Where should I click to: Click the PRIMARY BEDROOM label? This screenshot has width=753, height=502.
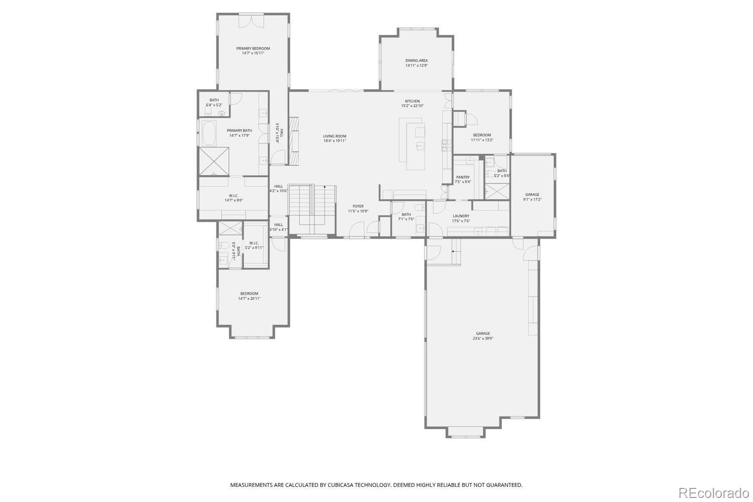253,49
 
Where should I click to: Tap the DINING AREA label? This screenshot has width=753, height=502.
416,61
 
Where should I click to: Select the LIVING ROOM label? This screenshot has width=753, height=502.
334,137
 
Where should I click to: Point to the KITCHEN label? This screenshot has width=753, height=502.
412,101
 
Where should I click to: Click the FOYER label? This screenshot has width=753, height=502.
358,206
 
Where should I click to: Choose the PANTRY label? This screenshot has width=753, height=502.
463,177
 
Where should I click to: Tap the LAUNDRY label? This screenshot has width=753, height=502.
460,216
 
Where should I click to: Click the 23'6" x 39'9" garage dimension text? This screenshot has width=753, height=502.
482,338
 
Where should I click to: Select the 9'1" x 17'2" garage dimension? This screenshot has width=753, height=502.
532,199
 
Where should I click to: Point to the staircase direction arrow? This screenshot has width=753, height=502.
325,187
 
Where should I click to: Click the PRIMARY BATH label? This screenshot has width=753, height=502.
239,131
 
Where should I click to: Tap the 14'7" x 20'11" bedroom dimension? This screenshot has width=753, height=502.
249,299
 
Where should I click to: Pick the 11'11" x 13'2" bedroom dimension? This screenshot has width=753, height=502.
482,140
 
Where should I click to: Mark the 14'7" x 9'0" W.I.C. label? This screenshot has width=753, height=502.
233,200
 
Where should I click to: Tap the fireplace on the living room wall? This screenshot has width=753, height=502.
294,141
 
